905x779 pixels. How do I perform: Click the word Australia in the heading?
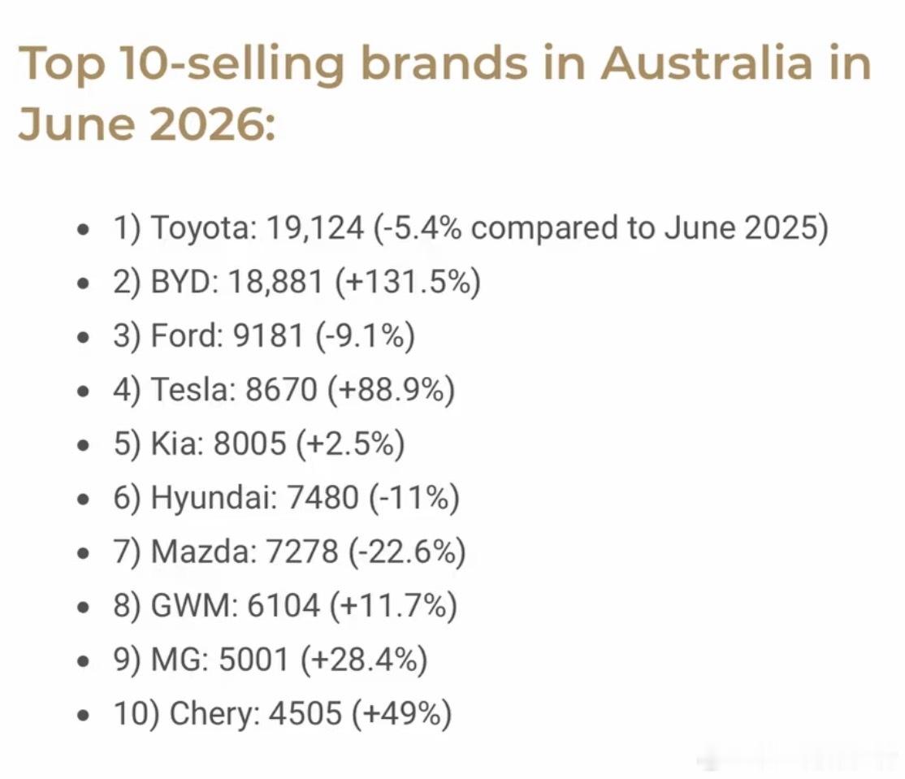tap(708, 63)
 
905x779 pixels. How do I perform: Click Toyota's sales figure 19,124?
tap(315, 228)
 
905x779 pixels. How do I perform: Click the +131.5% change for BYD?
tap(408, 283)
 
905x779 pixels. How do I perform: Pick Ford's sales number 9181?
tap(268, 335)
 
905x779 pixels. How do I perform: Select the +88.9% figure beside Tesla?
tap(392, 390)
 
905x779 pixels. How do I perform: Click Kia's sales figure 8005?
tap(250, 444)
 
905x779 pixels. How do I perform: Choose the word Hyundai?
tap(213, 498)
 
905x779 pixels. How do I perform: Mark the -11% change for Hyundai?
tap(414, 498)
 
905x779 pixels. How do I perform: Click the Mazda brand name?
tap(203, 552)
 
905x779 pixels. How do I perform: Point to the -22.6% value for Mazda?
tap(407, 552)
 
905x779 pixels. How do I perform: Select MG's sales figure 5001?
tap(253, 660)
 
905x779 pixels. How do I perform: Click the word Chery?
tap(214, 714)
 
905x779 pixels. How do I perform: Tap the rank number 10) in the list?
tap(136, 714)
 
